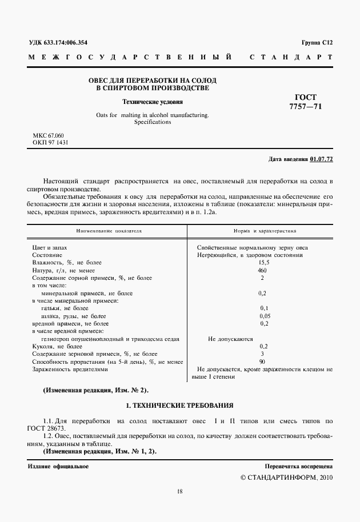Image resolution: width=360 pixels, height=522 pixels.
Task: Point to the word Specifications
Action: [153, 122]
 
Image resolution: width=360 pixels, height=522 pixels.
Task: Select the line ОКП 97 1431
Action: [51, 142]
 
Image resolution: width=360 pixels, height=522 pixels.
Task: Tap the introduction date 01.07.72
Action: [321, 159]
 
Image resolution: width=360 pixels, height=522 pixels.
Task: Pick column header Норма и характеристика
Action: [264, 231]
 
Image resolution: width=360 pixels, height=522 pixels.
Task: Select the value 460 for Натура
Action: [263, 270]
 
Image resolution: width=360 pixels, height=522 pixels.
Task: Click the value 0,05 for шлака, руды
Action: [264, 316]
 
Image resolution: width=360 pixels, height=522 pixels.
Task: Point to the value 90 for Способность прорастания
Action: [263, 362]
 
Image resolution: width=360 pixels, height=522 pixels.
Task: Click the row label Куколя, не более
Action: [58, 347]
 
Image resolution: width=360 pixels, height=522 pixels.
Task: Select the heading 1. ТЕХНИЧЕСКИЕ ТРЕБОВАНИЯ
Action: [179, 405]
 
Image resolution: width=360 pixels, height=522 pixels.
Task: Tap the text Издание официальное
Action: [58, 467]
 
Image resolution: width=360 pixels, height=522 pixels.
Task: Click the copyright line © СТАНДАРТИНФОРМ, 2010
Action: [286, 477]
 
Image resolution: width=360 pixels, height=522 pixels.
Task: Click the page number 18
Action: [179, 491]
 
